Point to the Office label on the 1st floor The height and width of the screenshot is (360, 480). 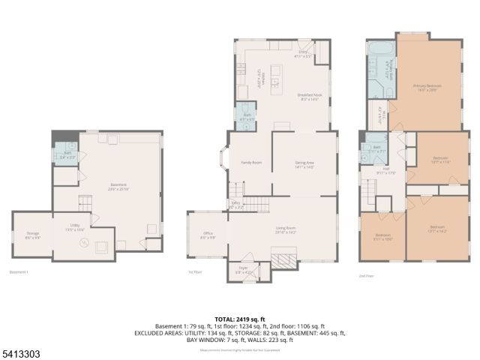[208, 235]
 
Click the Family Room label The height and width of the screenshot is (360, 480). [250, 162]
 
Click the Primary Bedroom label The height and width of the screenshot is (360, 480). [427, 87]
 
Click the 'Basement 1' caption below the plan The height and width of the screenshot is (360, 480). [19, 271]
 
